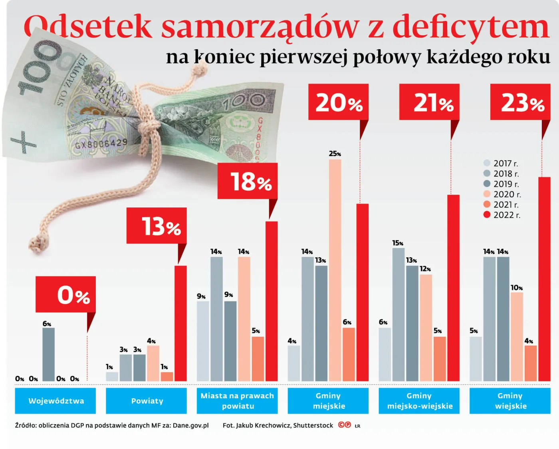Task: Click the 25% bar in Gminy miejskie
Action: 335,270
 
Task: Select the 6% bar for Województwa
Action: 49,354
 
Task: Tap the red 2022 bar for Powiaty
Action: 180,323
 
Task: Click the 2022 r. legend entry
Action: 502,215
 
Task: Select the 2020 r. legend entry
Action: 502,194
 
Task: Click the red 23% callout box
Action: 520,102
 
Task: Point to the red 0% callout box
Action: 65,294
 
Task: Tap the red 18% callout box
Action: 247,181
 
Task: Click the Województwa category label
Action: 56,401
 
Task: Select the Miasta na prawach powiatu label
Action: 237,401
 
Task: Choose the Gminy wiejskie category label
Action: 510,401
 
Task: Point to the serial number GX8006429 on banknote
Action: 101,143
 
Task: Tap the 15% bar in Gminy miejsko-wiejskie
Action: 398,314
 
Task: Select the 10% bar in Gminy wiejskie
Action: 517,336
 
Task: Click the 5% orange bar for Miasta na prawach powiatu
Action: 258,359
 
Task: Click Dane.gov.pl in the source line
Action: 190,425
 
